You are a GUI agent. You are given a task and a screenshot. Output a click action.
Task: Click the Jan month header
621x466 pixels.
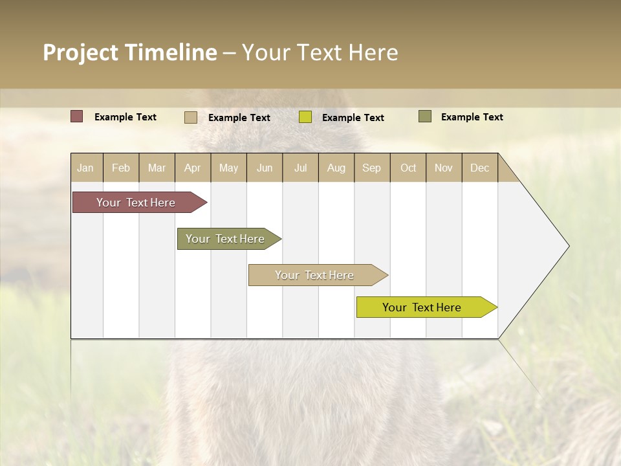(86, 168)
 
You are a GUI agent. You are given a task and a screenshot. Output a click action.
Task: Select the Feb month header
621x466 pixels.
(121, 168)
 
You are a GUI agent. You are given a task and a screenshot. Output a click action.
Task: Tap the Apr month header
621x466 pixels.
(193, 168)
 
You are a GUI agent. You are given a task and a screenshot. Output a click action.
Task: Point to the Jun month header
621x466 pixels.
(265, 168)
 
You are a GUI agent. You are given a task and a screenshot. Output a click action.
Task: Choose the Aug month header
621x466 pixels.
(336, 168)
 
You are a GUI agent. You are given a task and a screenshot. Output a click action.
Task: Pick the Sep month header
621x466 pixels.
(372, 168)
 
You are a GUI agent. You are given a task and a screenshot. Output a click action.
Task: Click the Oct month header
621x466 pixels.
(408, 168)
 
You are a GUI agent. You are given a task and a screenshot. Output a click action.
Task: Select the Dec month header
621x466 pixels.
(480, 168)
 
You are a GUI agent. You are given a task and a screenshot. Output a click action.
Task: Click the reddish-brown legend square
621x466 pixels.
(76, 116)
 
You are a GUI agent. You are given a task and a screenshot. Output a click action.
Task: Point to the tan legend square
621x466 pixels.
(191, 117)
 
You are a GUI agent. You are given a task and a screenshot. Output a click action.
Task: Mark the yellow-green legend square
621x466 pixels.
(305, 117)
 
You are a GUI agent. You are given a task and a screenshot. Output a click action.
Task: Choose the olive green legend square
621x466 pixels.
(425, 116)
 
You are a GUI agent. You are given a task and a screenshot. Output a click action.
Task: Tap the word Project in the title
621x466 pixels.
(80, 52)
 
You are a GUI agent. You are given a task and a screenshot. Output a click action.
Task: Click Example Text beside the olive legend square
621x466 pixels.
(472, 117)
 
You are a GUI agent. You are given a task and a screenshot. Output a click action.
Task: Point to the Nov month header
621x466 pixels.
(444, 168)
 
